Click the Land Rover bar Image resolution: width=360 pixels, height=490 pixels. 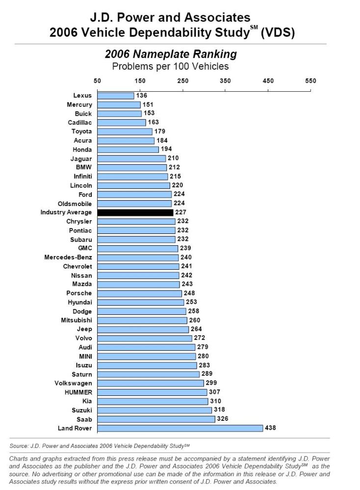180,428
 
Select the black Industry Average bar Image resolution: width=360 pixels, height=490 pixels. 135,212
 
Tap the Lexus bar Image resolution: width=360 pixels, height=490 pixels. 116,96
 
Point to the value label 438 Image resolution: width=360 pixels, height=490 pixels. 270,428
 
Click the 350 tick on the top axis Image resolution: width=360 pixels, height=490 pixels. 226,81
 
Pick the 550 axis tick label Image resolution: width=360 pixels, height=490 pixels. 310,81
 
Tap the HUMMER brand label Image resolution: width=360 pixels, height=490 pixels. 78,392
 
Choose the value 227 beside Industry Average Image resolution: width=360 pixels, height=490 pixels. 180,212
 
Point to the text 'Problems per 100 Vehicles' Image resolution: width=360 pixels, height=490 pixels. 170,66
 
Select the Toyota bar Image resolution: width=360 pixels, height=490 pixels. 125,131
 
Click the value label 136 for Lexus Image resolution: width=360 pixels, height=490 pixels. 141,96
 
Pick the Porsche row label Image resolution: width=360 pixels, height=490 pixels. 79,293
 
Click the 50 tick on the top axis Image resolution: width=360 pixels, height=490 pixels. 98,81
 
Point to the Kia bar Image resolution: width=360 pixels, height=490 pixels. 153,401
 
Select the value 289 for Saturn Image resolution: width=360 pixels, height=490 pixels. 207,374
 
